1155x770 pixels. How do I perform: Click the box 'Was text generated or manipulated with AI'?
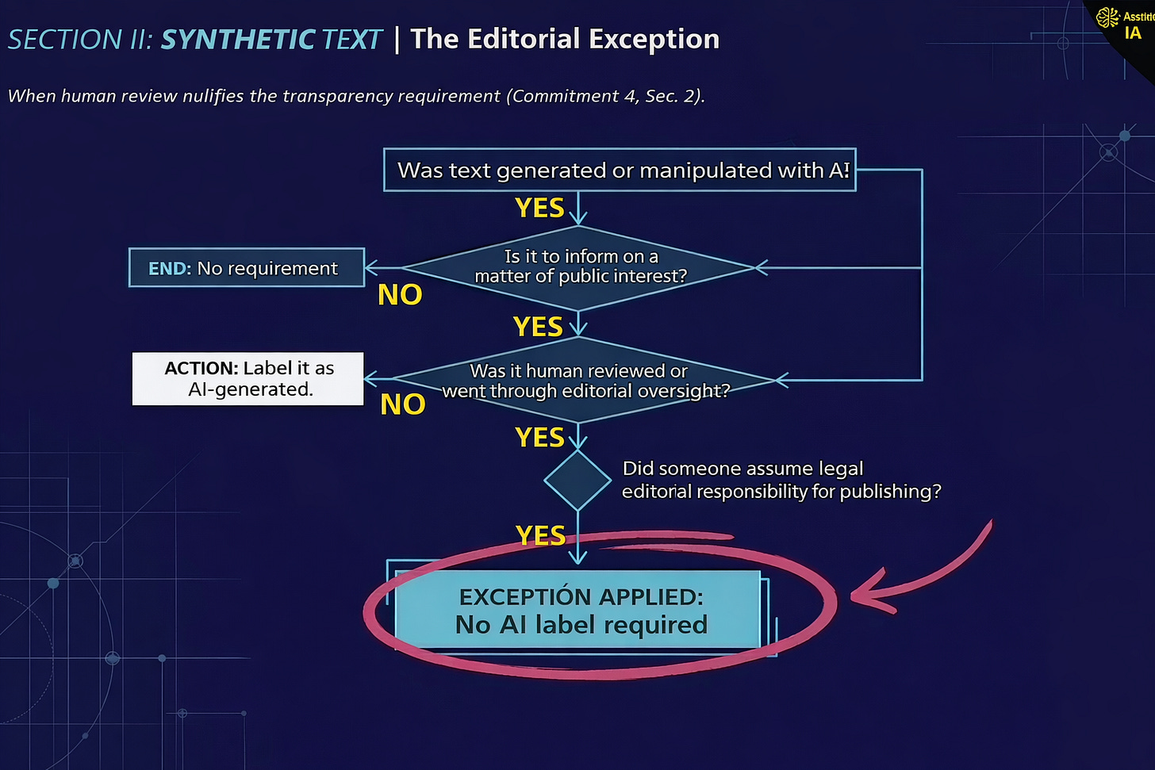pyautogui.click(x=620, y=170)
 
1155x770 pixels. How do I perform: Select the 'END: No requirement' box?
pyautogui.click(x=247, y=268)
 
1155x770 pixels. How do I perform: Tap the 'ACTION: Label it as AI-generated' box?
pyautogui.click(x=247, y=378)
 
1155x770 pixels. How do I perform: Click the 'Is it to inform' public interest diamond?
pyautogui.click(x=579, y=267)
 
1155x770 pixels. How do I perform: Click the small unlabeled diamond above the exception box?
pyautogui.click(x=577, y=480)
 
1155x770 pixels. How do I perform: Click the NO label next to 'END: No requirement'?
pyautogui.click(x=400, y=294)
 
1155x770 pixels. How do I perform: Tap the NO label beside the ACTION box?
pyautogui.click(x=403, y=404)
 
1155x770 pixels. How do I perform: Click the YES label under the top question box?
pyautogui.click(x=539, y=208)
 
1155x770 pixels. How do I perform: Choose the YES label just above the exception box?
pyautogui.click(x=541, y=535)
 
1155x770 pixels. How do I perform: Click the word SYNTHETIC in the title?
pyautogui.click(x=237, y=40)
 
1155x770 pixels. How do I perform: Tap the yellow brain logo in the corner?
pyautogui.click(x=1107, y=17)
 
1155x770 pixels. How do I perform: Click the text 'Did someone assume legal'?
pyautogui.click(x=742, y=469)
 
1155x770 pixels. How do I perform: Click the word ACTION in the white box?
pyautogui.click(x=201, y=368)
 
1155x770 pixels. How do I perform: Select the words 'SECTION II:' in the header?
pyautogui.click(x=81, y=40)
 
